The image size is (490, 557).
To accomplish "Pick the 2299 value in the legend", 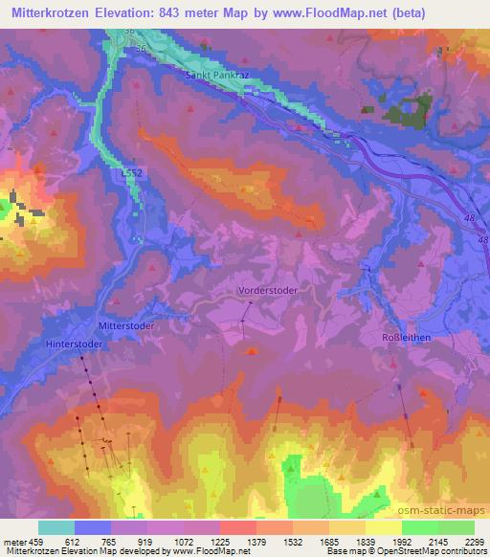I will [x=475, y=541].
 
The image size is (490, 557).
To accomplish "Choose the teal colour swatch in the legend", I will [x=56, y=527].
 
